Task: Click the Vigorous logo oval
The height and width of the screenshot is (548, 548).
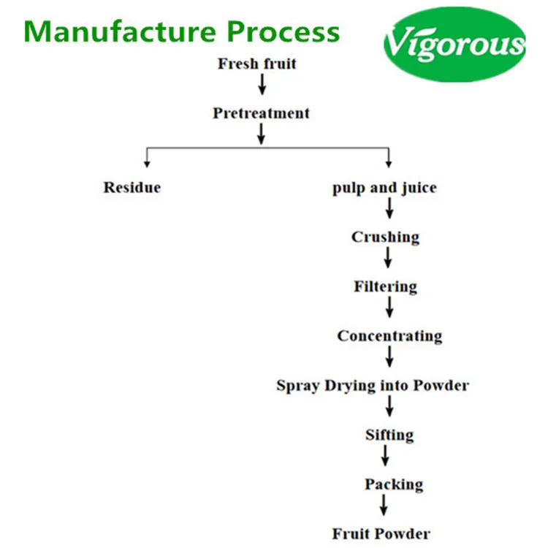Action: (x=454, y=45)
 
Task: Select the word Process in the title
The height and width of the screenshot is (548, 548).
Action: (x=283, y=31)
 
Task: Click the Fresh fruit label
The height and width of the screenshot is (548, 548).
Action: (x=257, y=64)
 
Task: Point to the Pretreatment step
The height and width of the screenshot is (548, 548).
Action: (x=261, y=113)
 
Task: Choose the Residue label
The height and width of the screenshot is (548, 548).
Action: (x=132, y=187)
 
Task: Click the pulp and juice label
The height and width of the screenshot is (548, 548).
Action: (x=384, y=188)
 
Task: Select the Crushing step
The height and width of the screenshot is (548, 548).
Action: (x=386, y=237)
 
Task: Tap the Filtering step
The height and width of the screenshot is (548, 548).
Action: (x=386, y=287)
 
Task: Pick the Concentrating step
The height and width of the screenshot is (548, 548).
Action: (x=389, y=336)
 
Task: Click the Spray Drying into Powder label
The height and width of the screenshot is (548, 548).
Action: (x=373, y=386)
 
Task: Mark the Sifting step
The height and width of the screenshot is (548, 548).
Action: (x=389, y=435)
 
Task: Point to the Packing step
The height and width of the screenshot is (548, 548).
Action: (x=394, y=484)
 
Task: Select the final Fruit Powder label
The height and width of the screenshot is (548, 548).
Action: (x=381, y=533)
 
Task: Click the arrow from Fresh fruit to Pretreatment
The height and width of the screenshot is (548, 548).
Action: (x=262, y=84)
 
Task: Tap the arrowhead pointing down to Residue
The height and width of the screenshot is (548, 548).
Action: (x=147, y=164)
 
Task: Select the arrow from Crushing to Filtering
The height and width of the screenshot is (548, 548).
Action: (x=387, y=258)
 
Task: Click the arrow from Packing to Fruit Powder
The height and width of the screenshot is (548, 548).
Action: (x=384, y=505)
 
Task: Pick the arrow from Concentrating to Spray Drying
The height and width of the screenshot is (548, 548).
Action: (x=389, y=357)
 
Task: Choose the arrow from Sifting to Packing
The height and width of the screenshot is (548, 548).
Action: (x=385, y=455)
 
